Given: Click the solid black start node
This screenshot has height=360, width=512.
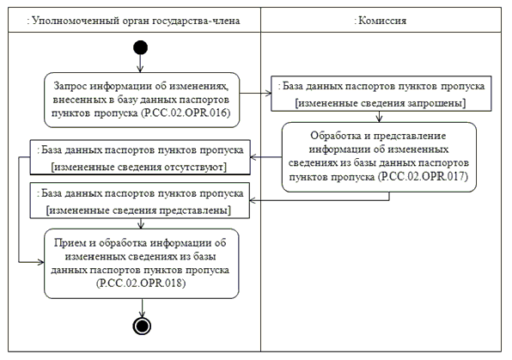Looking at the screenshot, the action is point(140,47).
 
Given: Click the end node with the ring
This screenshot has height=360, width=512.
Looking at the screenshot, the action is point(142,326).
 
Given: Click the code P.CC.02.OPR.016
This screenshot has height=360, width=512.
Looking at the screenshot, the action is point(186,113).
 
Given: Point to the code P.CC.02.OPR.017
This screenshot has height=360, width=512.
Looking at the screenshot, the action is point(423,177).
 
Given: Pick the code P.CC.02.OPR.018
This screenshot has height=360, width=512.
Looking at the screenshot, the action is point(141,283).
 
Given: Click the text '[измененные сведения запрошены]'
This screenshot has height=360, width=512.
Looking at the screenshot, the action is point(381,103).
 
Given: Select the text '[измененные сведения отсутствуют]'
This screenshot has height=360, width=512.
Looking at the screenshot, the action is point(139,167).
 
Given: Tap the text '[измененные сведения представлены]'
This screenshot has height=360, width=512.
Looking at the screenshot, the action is point(139,210).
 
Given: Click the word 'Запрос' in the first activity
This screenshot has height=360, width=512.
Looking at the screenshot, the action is point(70,86).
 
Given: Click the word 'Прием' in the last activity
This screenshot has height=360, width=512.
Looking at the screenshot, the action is point(68,243).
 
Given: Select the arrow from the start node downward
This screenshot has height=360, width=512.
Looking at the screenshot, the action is point(140,64).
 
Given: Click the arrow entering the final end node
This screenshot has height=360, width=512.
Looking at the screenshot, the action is point(142,308).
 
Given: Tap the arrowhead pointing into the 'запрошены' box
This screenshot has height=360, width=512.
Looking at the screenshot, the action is point(268,94).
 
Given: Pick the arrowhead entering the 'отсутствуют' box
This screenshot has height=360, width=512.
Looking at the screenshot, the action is point(253,157).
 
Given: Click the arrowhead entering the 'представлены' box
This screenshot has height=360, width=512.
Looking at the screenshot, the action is point(253,200).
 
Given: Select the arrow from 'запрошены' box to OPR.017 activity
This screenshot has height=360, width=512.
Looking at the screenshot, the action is point(379,117).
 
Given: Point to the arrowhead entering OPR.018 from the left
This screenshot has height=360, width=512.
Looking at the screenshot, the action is point(41,262).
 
